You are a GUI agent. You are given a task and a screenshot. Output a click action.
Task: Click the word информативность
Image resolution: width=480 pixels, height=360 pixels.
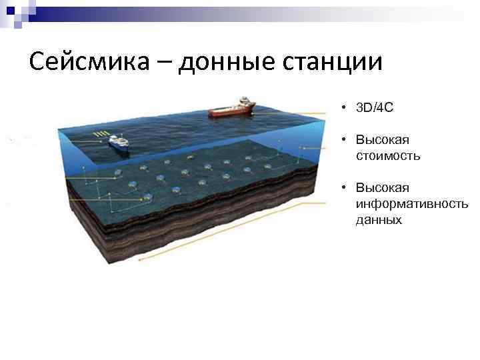coord(411,203)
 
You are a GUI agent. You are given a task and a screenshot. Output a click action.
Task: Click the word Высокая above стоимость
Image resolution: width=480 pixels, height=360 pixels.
coord(382,140)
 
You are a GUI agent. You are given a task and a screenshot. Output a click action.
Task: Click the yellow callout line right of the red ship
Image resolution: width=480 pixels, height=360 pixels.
coord(293,113)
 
